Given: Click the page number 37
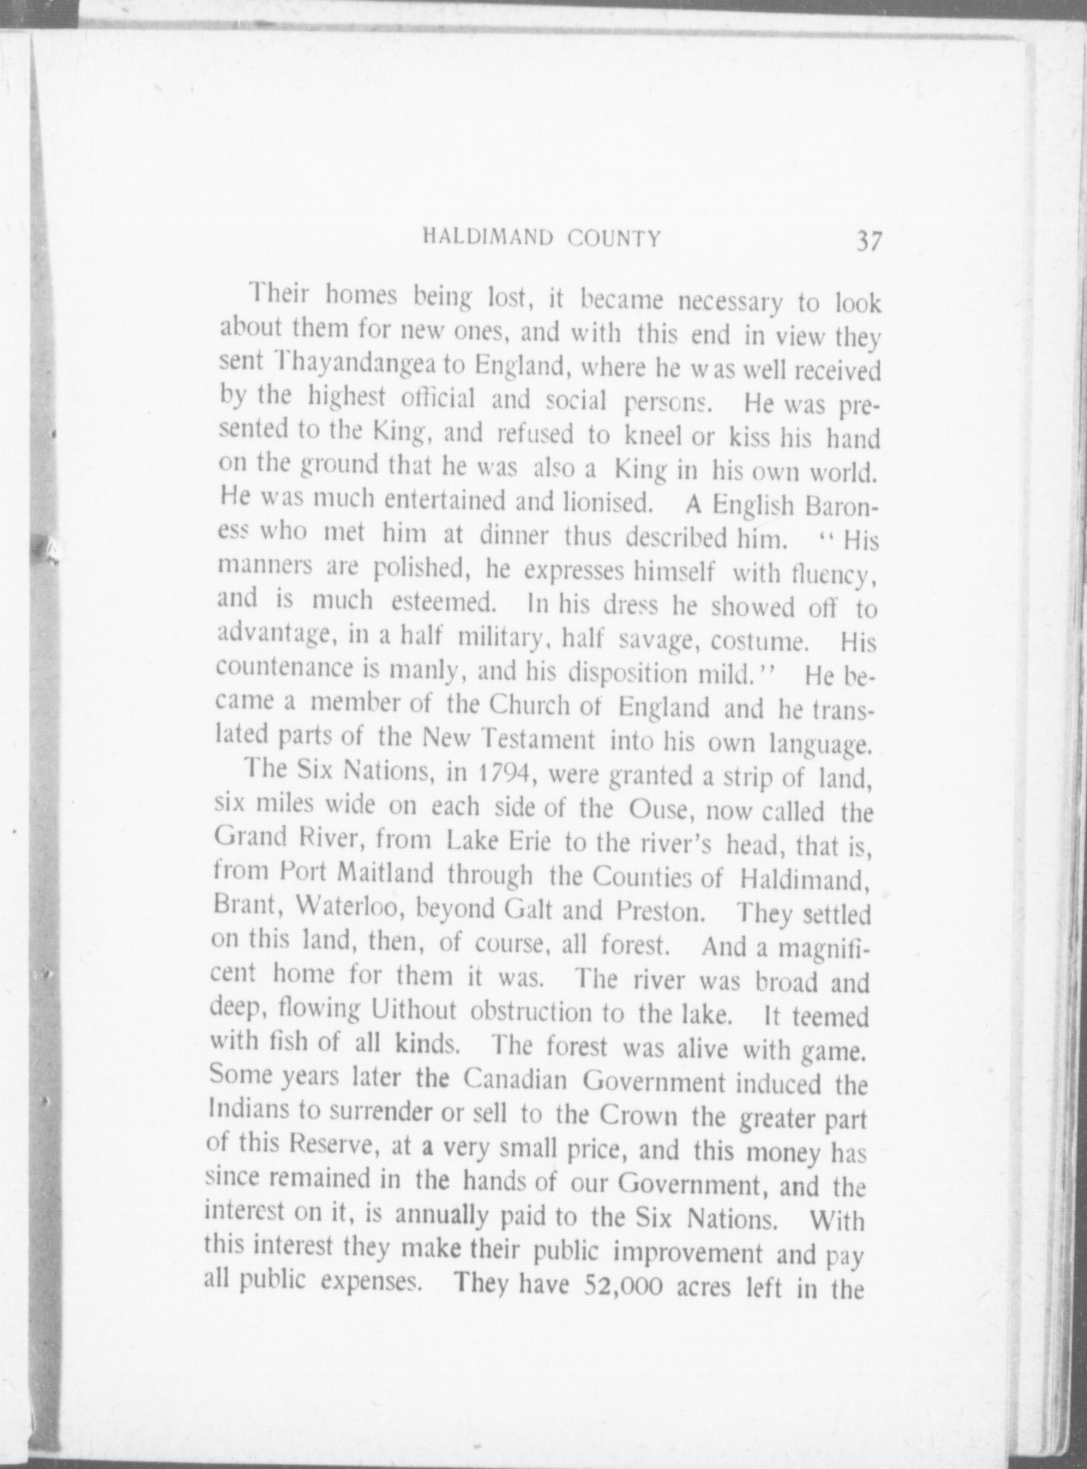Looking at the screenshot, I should (867, 241).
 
